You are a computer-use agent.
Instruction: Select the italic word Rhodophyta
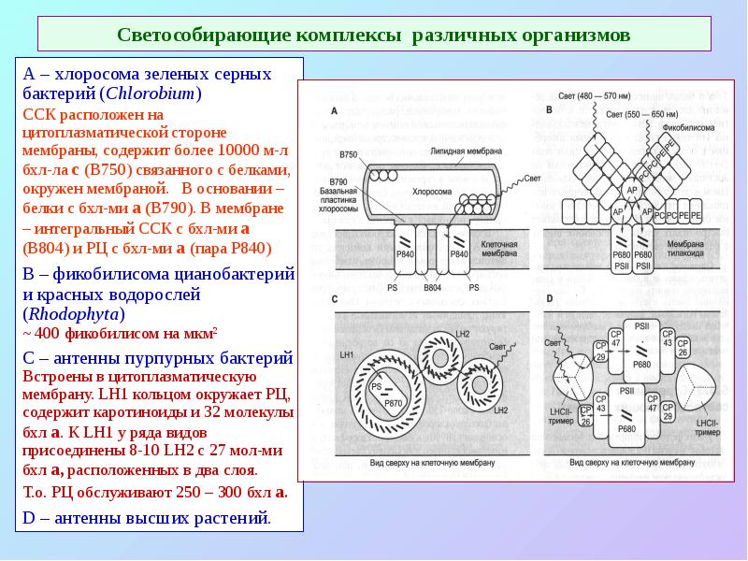[x=67, y=314]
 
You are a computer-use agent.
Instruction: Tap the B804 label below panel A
[x=432, y=287]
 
